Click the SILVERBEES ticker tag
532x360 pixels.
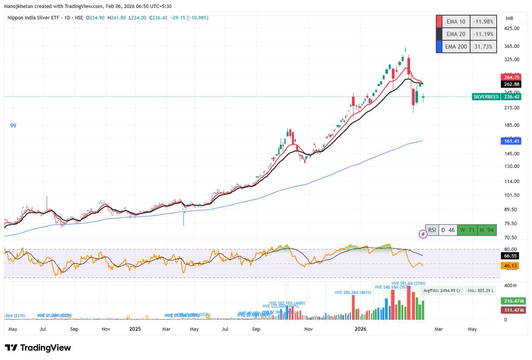pyautogui.click(x=486, y=97)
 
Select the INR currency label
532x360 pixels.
pyautogui.click(x=510, y=19)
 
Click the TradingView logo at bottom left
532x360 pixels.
pyautogui.click(x=38, y=348)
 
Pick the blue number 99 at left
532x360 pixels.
pyautogui.click(x=13, y=126)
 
